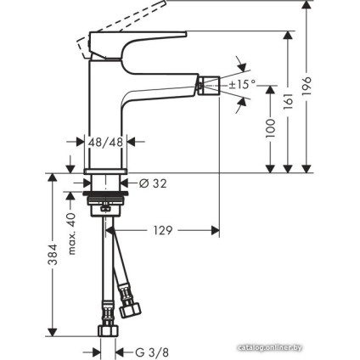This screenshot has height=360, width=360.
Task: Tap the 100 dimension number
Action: pos(271,128)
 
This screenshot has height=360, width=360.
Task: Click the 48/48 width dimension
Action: pos(106,145)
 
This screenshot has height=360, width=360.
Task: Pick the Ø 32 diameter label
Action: pos(150,182)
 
